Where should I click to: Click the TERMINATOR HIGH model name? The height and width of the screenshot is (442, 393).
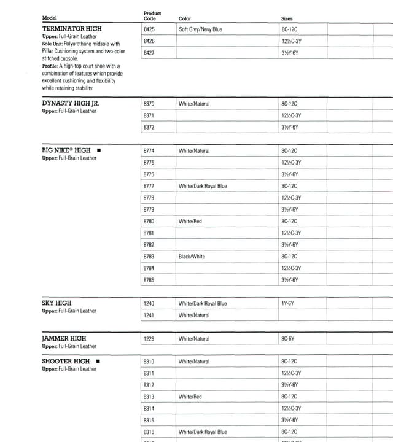pyautogui.click(x=72, y=29)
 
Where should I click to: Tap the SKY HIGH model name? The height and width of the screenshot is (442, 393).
pyautogui.click(x=56, y=303)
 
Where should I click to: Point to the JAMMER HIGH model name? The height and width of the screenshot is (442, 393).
pyautogui.click(x=64, y=338)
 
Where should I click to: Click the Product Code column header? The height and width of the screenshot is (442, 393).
pyautogui.click(x=152, y=16)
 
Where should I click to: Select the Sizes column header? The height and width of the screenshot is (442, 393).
pyautogui.click(x=287, y=19)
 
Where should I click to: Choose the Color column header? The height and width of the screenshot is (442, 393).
pyautogui.click(x=185, y=19)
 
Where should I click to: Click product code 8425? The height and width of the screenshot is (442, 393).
pyautogui.click(x=149, y=29)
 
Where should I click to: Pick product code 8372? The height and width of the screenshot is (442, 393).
pyautogui.click(x=149, y=127)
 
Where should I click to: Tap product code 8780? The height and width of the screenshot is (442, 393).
pyautogui.click(x=149, y=221)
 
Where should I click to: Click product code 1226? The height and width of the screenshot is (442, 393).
pyautogui.click(x=149, y=339)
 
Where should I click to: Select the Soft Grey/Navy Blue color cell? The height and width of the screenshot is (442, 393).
pyautogui.click(x=200, y=29)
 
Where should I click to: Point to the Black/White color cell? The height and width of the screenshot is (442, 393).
pyautogui.click(x=192, y=257)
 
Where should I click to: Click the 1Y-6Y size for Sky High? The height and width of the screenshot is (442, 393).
pyautogui.click(x=287, y=304)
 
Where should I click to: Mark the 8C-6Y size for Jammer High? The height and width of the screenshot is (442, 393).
pyautogui.click(x=288, y=339)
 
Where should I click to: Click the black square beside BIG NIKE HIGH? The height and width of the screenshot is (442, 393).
pyautogui.click(x=99, y=150)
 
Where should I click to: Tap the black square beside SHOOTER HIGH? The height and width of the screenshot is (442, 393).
pyautogui.click(x=98, y=362)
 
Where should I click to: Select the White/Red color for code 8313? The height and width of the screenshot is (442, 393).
pyautogui.click(x=190, y=397)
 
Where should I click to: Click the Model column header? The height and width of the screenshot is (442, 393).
pyautogui.click(x=49, y=18)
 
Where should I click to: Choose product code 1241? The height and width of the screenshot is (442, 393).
pyautogui.click(x=149, y=316)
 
